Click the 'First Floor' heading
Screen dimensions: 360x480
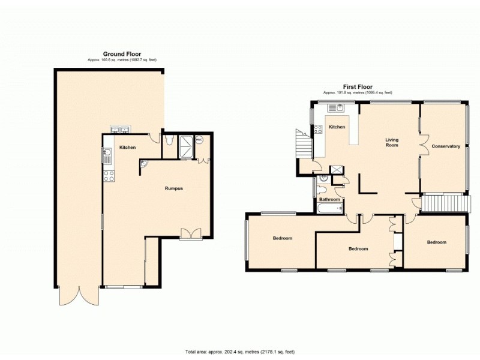coord(358,86)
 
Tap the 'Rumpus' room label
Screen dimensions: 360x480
coord(173,188)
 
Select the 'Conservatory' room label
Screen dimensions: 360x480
coord(446,146)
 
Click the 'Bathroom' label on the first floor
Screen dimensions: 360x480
coord(329,199)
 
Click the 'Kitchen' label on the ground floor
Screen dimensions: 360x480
coord(127,148)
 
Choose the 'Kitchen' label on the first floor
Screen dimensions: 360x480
coord(337,127)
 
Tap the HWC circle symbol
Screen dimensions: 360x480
coord(199,139)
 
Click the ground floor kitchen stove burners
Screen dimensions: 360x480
coord(109,176)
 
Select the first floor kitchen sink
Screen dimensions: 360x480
coord(335,109)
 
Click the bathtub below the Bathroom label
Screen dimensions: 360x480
coord(329,208)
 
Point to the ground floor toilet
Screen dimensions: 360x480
coord(170,140)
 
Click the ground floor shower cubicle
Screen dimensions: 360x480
coord(186,146)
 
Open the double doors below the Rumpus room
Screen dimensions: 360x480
coord(191,234)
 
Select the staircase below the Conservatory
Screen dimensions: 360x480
coord(444,203)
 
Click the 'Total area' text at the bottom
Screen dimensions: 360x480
coord(239,352)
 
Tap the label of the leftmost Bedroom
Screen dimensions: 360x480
coord(283,238)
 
